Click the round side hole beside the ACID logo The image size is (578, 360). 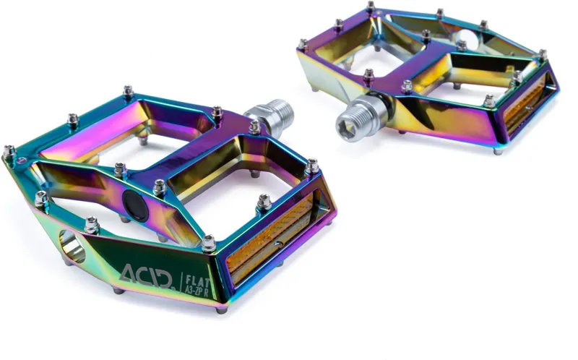click(73, 246)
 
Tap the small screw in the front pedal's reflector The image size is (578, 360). click(268, 235)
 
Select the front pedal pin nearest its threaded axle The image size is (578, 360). click(254, 127)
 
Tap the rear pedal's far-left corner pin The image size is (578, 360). click(302, 44)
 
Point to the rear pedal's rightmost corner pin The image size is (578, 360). click(541, 55)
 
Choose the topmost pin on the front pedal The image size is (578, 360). click(129, 91)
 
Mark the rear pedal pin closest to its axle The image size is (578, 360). click(368, 74)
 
